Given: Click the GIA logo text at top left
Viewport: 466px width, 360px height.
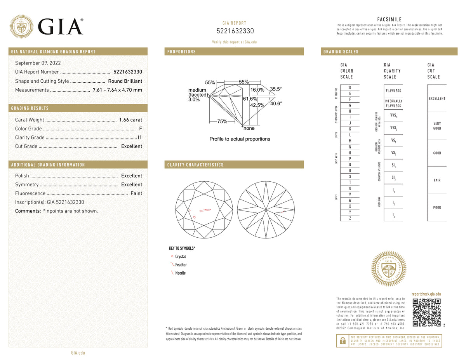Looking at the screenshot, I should point(61,26).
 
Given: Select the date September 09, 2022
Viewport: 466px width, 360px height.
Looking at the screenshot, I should point(38,63).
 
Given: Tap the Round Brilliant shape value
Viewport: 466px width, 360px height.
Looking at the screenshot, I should point(125,81).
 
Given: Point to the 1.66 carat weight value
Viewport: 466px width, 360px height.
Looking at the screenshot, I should point(130,120).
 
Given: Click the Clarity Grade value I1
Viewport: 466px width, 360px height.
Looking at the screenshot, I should point(140,137).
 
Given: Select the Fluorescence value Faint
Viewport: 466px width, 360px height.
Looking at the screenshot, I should point(136,193).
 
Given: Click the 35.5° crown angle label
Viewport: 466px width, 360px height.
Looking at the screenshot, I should point(276,89).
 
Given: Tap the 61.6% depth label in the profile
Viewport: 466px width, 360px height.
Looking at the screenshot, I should point(250,99).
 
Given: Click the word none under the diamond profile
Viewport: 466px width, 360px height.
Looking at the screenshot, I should point(249,129).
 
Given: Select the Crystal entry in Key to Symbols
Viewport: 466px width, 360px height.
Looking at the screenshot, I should point(180,257).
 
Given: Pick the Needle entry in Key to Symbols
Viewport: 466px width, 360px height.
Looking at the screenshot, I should point(180,273).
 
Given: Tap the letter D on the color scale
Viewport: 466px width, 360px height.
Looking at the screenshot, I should point(350,87).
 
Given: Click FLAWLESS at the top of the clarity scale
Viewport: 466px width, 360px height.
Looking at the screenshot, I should point(393,91).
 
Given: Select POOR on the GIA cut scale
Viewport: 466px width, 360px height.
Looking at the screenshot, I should point(437,208).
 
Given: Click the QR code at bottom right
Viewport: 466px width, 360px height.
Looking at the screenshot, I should point(426,313).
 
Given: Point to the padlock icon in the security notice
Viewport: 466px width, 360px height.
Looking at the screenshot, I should point(343,341).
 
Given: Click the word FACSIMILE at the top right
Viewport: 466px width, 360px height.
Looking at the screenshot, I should point(389,19).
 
